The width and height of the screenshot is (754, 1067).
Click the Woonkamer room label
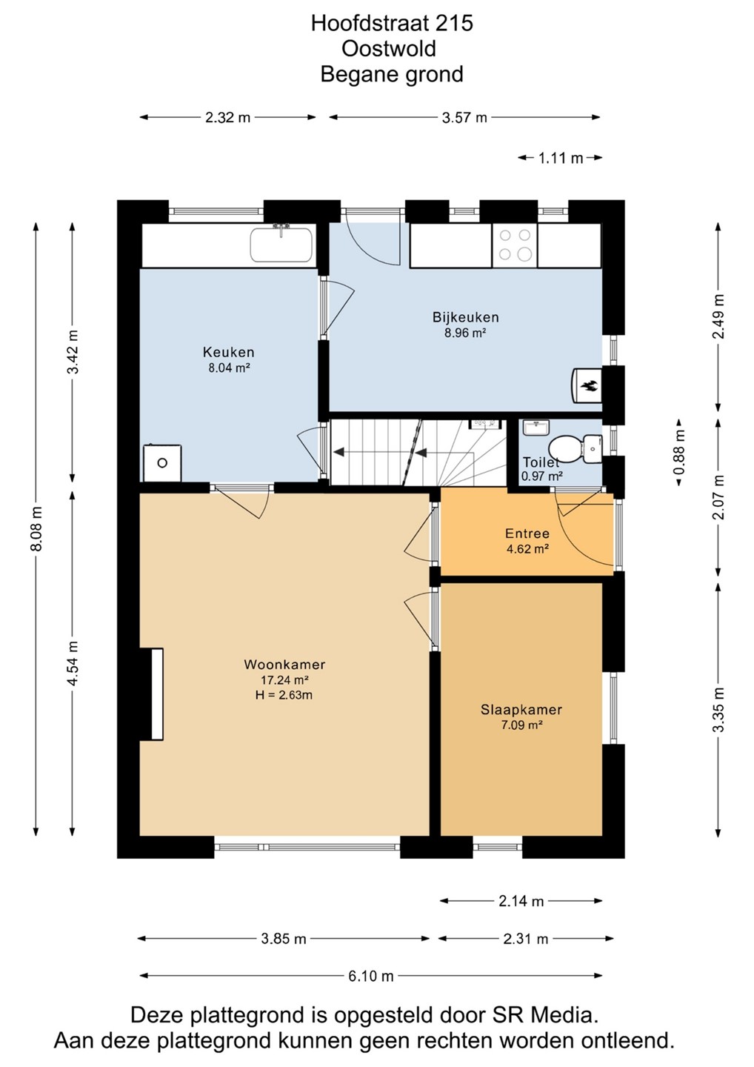tap(284, 664)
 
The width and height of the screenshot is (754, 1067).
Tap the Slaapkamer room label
tap(521, 710)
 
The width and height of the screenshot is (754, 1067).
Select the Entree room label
tap(527, 533)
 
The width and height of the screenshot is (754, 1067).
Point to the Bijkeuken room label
tap(466, 317)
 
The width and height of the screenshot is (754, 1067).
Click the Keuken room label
tap(228, 352)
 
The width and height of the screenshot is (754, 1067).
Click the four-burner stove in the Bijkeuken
tap(515, 245)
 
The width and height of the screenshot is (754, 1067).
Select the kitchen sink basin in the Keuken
tap(281, 244)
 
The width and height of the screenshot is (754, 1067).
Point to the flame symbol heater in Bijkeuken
tap(587, 384)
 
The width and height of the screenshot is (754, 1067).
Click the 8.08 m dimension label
tap(36, 529)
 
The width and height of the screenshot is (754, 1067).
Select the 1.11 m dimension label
tap(561, 158)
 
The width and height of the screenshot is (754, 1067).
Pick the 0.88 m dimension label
tap(678, 452)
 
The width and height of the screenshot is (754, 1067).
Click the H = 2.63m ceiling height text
tap(284, 695)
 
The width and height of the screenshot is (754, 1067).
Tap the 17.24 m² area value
tap(284, 679)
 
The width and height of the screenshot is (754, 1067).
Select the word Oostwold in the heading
tap(388, 49)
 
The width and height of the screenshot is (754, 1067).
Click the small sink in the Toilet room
tap(536, 427)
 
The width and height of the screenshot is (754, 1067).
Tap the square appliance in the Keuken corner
tap(162, 462)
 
